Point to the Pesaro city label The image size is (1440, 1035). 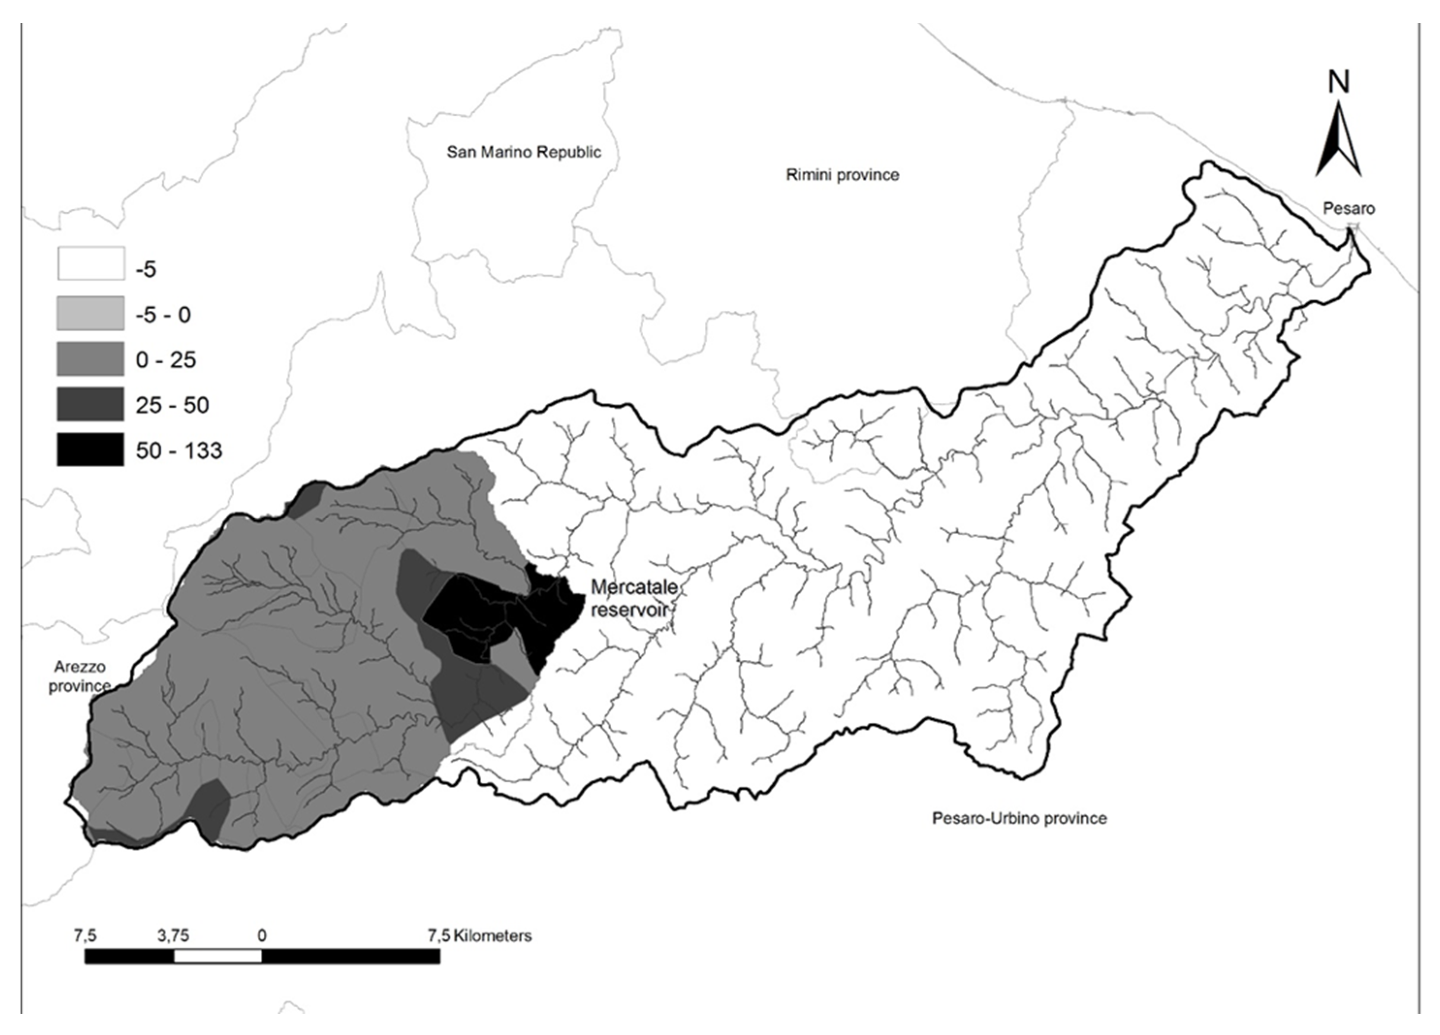[x=1348, y=208]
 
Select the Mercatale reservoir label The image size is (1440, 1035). [x=633, y=598]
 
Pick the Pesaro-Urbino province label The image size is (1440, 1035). [x=1019, y=818]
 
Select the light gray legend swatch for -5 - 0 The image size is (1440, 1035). [x=90, y=314]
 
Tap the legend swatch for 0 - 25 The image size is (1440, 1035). [x=90, y=359]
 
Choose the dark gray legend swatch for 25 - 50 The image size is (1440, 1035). [x=90, y=404]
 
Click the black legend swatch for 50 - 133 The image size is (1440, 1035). [x=90, y=449]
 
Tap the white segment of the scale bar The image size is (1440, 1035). [x=217, y=956]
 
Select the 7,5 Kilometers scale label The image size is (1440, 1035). [x=479, y=935]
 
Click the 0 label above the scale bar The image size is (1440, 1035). [x=262, y=935]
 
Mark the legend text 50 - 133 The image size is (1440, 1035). [x=178, y=450]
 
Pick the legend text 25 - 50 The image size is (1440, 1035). [x=172, y=405]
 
